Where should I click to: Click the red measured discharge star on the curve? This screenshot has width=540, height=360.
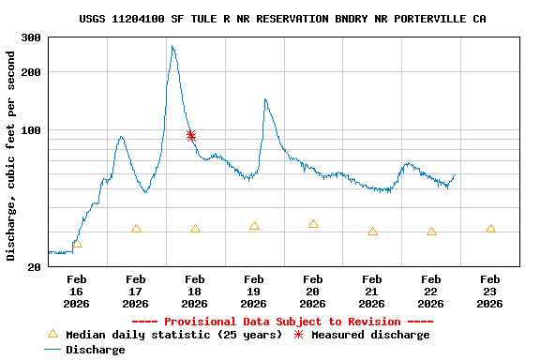tap(191, 136)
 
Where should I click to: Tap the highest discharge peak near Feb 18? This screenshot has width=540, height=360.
tap(172, 46)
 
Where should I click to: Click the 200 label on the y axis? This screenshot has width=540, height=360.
tap(31, 72)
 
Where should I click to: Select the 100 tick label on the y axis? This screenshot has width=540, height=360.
tap(31, 130)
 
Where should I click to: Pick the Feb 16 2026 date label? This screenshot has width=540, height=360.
tap(77, 292)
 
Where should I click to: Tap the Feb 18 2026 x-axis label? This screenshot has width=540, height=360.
tap(195, 292)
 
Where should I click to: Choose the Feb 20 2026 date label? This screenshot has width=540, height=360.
tap(313, 292)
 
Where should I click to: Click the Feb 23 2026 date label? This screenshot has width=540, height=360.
tap(490, 292)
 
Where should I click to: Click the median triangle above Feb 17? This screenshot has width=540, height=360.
tap(136, 229)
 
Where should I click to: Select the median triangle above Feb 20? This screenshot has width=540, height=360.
tap(313, 224)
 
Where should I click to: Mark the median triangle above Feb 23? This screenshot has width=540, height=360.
tap(490, 229)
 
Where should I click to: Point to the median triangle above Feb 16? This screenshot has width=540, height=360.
tap(77, 244)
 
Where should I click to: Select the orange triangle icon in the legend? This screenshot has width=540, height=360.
tap(52, 335)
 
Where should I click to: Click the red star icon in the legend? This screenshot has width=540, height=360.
tap(299, 335)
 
